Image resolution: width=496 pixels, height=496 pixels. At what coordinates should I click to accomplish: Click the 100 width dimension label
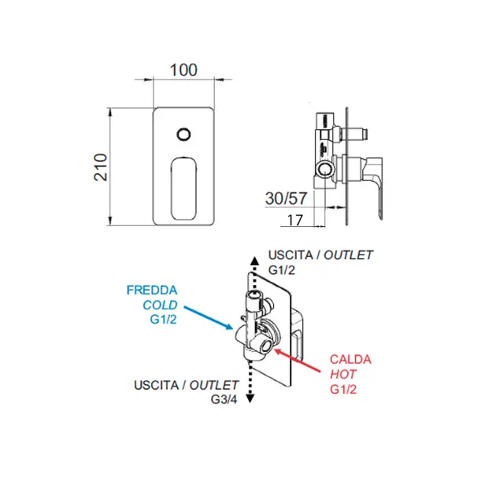(x=183, y=70)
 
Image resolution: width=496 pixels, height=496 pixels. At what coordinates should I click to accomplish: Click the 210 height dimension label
(x=101, y=168)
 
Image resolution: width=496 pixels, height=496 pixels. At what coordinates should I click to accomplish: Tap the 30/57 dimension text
(x=286, y=198)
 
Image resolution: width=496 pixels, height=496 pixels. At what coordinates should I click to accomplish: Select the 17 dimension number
(x=294, y=220)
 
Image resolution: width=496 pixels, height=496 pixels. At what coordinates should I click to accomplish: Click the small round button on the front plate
(x=183, y=135)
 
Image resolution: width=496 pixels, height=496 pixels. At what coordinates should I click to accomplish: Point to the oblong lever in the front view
(x=183, y=188)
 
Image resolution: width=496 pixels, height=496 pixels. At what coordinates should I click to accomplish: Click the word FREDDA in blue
(x=152, y=290)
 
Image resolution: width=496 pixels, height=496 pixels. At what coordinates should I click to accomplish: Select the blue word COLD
(x=160, y=305)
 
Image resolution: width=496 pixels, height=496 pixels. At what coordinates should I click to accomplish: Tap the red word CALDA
(x=350, y=359)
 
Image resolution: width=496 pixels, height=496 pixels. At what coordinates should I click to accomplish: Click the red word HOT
(x=343, y=374)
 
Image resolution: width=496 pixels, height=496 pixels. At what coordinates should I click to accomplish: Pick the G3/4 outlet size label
(x=224, y=399)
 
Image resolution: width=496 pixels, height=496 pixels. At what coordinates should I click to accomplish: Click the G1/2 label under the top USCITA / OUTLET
(x=282, y=270)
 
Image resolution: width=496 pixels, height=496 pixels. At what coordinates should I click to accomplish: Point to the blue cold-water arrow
(x=209, y=318)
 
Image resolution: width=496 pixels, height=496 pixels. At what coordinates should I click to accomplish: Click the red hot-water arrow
(x=297, y=361)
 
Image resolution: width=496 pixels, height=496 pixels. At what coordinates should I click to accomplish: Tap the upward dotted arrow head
(x=254, y=261)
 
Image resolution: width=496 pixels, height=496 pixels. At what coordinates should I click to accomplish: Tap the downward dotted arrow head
(x=250, y=398)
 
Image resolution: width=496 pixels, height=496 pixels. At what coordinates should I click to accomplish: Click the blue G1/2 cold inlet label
(x=163, y=320)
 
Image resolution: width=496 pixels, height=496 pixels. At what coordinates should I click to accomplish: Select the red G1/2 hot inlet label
(x=343, y=389)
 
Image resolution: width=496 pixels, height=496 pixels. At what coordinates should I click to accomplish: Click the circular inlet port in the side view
(x=324, y=169)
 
